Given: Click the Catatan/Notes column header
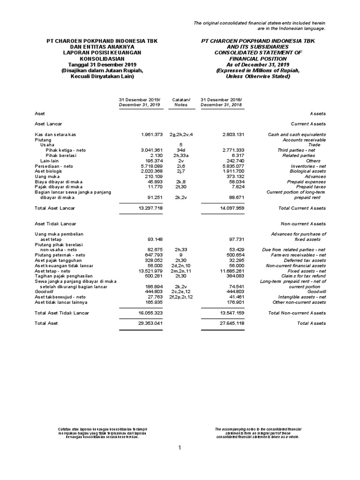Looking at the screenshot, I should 180,102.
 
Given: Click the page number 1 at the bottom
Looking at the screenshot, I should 179,448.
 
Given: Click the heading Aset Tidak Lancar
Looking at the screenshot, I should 55,224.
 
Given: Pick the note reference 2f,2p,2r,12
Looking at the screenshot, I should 180,297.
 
